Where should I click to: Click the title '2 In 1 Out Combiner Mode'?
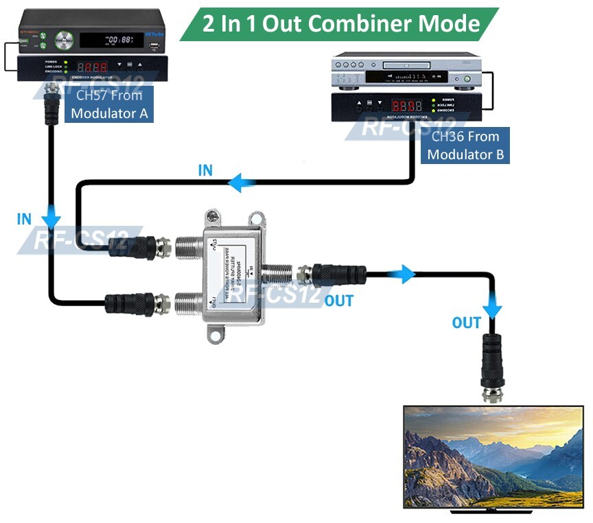point(341,23)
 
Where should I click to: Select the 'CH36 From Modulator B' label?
point(465,146)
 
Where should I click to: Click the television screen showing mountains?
point(493,456)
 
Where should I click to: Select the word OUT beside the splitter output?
point(339,300)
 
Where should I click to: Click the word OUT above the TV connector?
point(467,322)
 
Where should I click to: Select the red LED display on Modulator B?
point(403,106)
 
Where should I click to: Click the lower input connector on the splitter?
point(188,301)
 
